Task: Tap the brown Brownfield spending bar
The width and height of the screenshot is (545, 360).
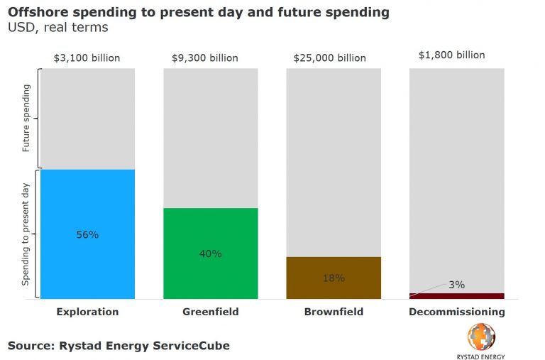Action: (x=333, y=288)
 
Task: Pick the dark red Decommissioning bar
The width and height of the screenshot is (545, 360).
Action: (x=457, y=295)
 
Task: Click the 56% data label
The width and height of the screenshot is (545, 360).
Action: (x=87, y=234)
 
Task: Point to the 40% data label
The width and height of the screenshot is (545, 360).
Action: (x=210, y=253)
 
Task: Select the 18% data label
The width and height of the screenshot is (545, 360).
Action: (x=333, y=278)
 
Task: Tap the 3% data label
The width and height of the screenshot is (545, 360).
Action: (x=456, y=285)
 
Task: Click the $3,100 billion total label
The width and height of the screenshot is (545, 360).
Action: (x=87, y=58)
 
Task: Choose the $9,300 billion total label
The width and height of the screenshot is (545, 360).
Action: (x=210, y=58)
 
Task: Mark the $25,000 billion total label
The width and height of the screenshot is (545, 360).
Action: (x=333, y=58)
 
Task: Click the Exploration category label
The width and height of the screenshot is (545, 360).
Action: (x=87, y=312)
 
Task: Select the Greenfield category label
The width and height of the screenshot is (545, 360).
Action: (x=210, y=312)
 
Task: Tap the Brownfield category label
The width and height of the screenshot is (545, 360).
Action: (x=333, y=312)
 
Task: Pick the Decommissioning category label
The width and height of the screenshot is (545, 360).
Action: (x=457, y=312)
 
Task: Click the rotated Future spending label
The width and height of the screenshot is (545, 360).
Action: (x=26, y=118)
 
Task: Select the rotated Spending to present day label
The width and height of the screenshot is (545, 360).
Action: (x=26, y=234)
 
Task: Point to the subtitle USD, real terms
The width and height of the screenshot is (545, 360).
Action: (x=48, y=28)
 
